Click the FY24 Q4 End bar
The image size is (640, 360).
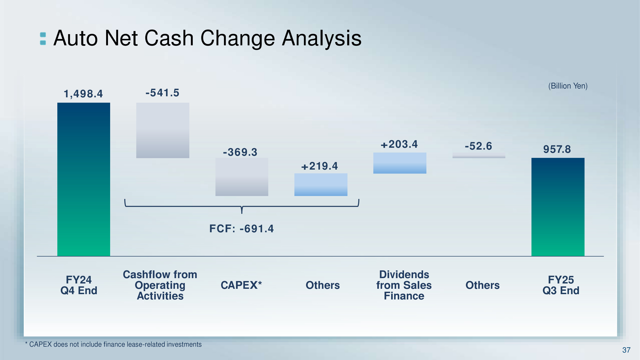[x=84, y=179]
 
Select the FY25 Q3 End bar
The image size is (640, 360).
[x=558, y=207]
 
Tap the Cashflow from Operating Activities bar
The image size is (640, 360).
[x=163, y=130]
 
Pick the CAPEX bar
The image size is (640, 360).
[x=242, y=177]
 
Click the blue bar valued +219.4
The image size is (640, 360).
[x=321, y=185]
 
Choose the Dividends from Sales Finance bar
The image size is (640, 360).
[x=400, y=163]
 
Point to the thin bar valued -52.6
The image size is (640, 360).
[x=479, y=155]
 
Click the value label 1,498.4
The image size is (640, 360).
[x=83, y=94]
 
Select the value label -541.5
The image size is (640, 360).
[x=162, y=93]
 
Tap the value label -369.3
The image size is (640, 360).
[x=240, y=152]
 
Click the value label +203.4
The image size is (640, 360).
[x=399, y=144]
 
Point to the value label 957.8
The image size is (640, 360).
[x=557, y=149]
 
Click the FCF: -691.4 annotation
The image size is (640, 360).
[x=242, y=229]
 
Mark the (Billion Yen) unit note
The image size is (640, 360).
[x=568, y=86]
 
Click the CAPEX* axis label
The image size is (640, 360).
[x=241, y=285]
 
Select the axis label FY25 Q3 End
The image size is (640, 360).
[x=561, y=285]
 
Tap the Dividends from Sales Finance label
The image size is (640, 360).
[x=404, y=285]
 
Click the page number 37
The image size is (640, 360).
[x=626, y=350]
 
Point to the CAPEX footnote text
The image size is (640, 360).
[x=113, y=345]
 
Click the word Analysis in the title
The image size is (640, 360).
[x=322, y=38]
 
